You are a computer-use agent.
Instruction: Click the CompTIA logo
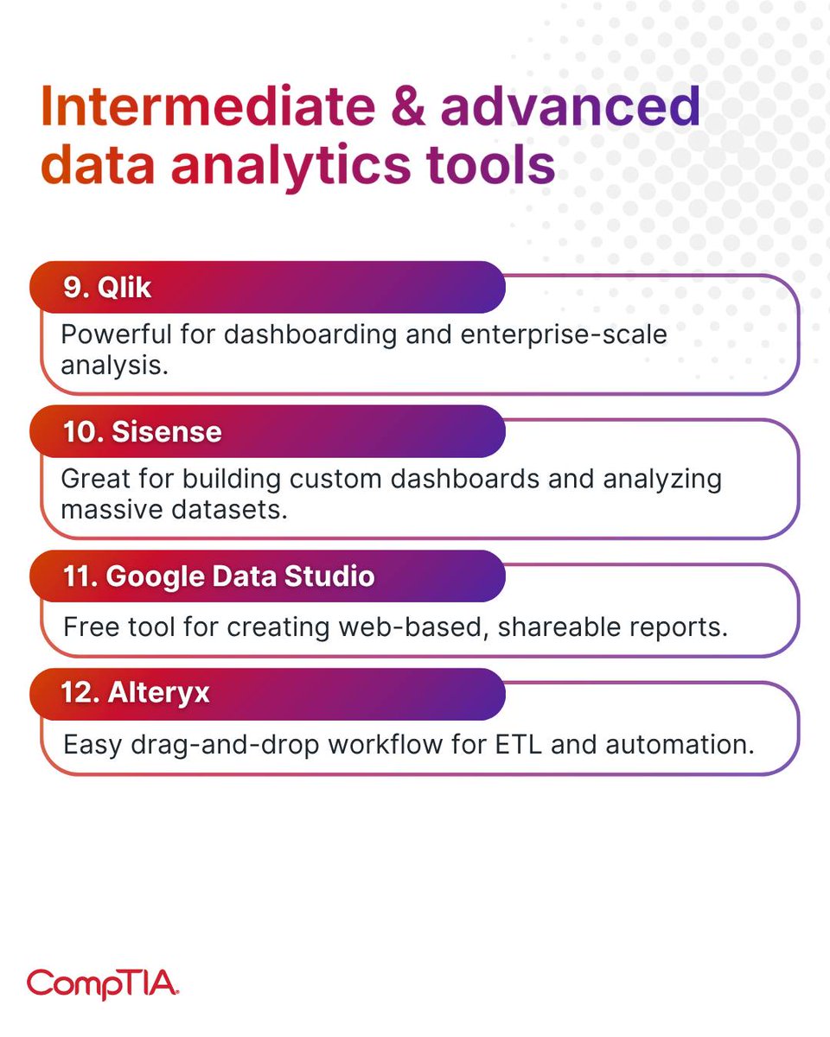tap(102, 983)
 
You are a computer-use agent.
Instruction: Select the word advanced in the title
tap(569, 107)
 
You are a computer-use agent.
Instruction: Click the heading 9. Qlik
tap(107, 287)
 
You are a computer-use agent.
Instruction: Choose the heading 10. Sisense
tap(142, 431)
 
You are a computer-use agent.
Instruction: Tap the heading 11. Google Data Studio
tap(219, 576)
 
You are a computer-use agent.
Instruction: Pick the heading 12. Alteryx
tap(136, 693)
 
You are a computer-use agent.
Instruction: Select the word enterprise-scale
tap(565, 334)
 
